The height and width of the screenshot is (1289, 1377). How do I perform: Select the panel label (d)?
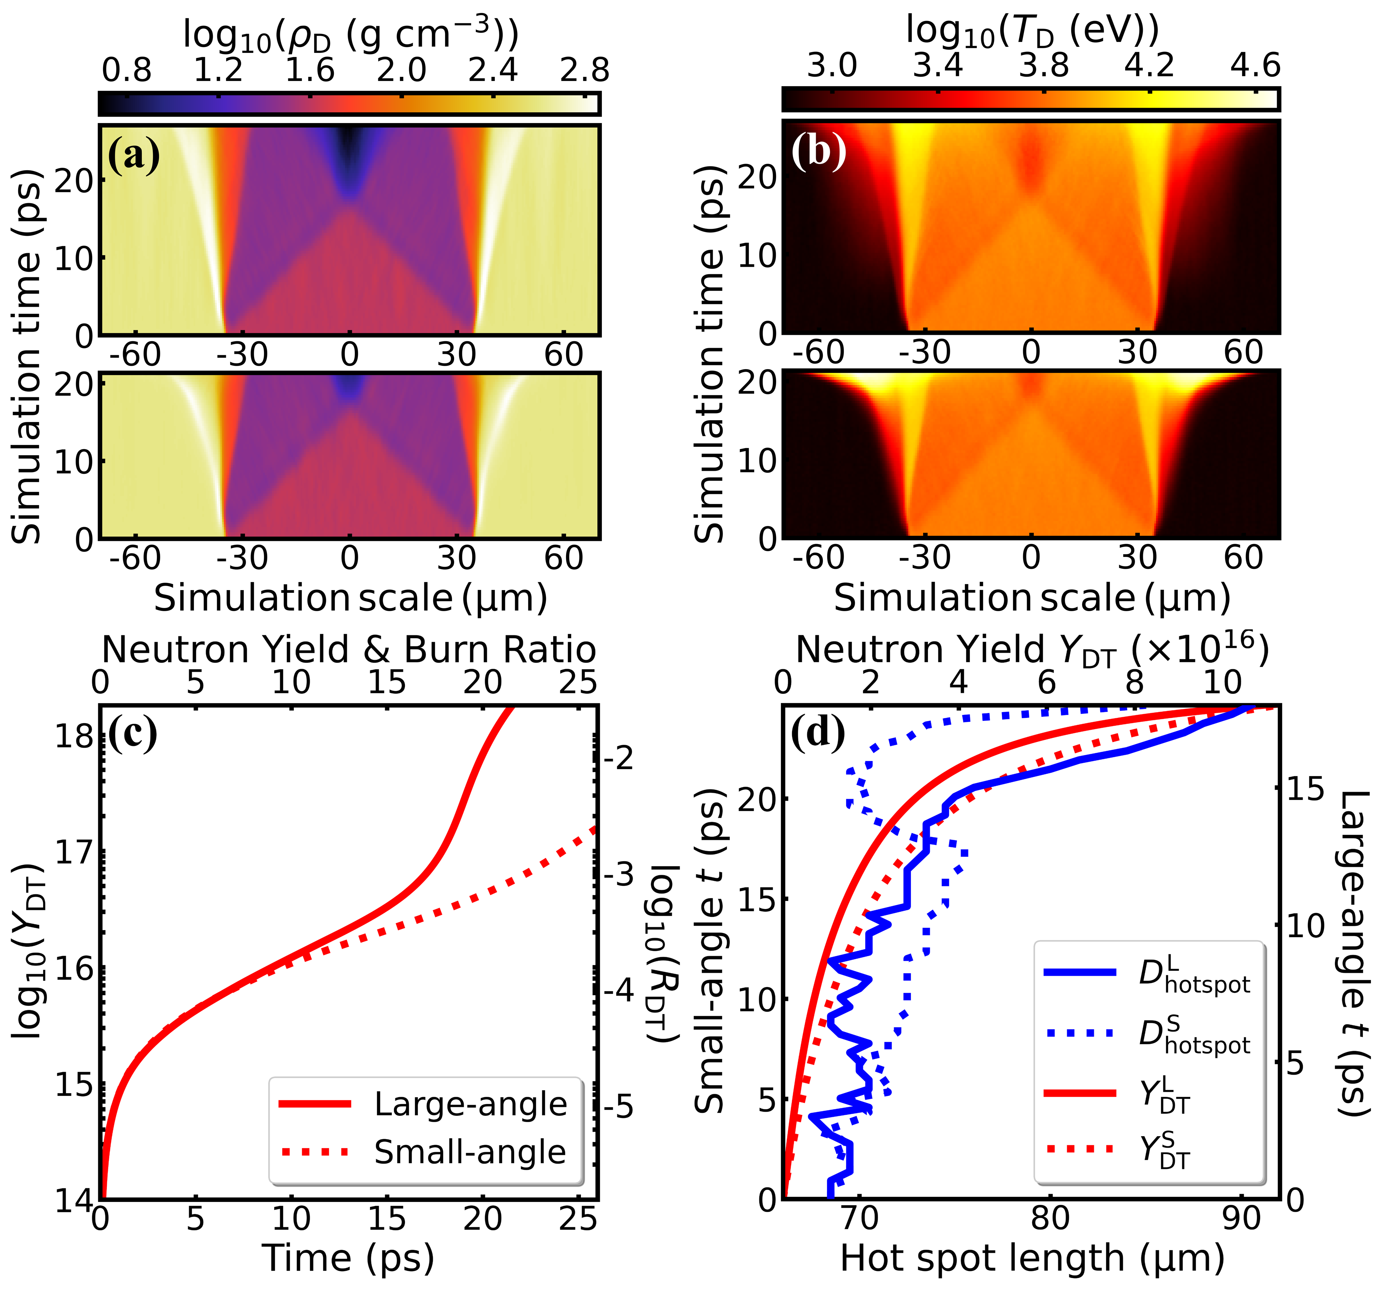coord(818,733)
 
